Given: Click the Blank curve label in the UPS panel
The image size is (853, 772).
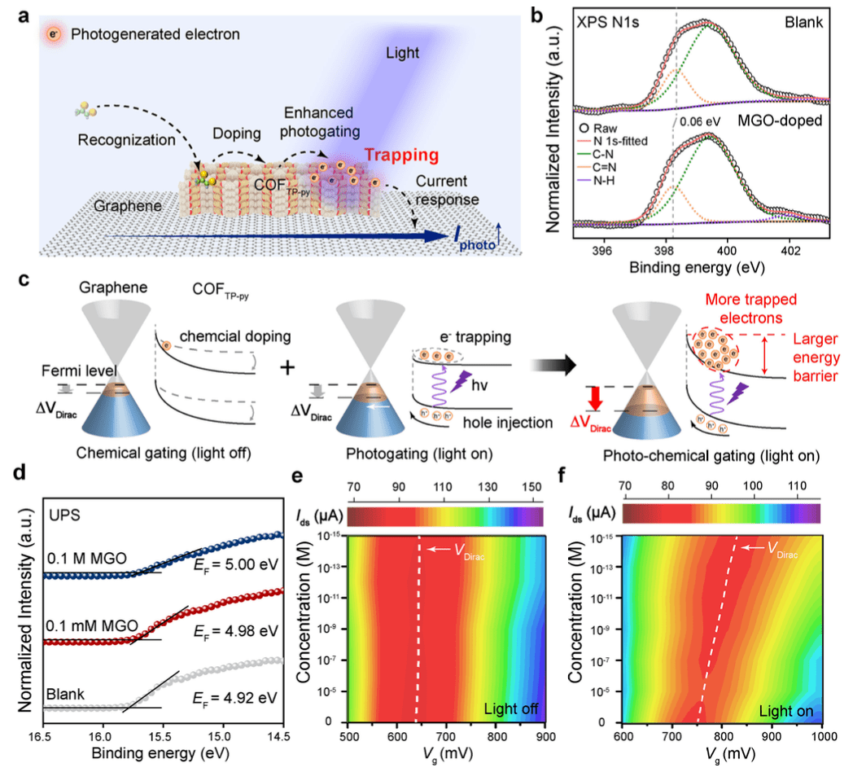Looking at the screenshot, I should [68, 694].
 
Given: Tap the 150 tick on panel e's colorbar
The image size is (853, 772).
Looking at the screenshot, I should [531, 489].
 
